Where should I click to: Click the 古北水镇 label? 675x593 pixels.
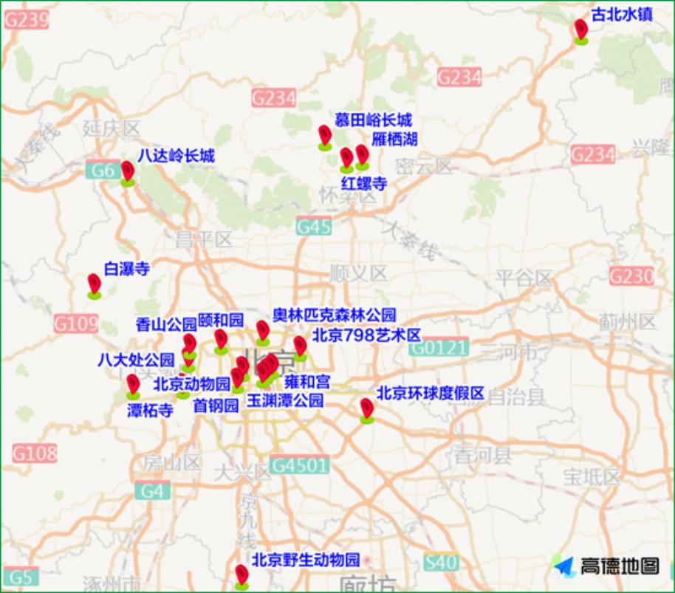tap(622, 14)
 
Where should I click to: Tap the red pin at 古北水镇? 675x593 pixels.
tap(581, 30)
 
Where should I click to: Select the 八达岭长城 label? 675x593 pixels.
tap(176, 156)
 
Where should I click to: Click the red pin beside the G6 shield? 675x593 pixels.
tap(128, 172)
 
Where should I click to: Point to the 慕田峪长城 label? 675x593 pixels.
tap(373, 120)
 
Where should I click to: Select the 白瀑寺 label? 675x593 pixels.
tap(126, 269)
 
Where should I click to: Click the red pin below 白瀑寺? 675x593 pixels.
tap(94, 284)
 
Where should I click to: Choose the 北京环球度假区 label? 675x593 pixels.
tap(431, 393)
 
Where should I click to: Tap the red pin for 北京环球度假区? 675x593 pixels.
tap(366, 408)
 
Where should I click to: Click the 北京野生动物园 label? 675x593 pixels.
tap(306, 559)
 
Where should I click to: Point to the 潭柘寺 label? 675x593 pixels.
tap(150, 411)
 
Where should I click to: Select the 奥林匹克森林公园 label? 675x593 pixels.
tap(335, 315)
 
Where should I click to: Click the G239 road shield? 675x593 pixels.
tap(27, 19)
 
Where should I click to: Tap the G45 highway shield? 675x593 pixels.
tap(314, 227)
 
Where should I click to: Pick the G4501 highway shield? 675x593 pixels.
tap(298, 465)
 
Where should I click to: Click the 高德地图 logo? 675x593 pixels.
tap(607, 566)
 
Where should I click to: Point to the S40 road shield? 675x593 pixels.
tap(440, 563)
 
